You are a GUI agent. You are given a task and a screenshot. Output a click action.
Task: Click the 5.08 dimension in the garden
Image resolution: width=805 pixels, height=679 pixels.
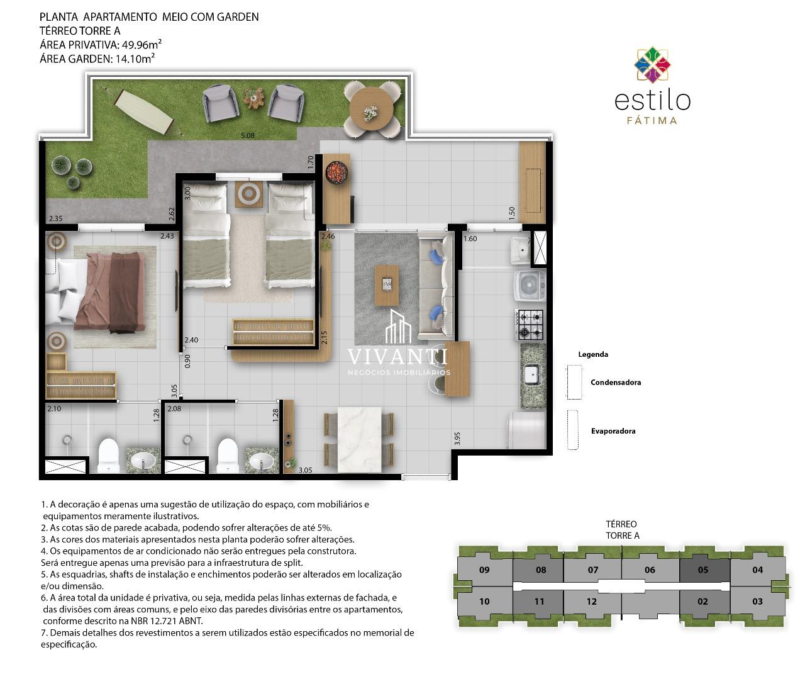coord(248,135)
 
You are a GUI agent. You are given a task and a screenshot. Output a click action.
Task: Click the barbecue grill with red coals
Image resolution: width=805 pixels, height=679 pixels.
coord(337,171)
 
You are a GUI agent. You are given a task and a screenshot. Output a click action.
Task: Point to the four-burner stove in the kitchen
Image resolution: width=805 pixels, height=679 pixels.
coord(529,325)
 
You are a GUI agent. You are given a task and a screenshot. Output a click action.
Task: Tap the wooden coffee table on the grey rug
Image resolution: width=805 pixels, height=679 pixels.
coord(387,285)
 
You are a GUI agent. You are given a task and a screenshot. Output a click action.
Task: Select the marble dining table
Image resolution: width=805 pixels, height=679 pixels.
coord(359,439)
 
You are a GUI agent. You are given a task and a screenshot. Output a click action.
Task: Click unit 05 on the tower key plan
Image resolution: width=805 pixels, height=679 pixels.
coord(703,570)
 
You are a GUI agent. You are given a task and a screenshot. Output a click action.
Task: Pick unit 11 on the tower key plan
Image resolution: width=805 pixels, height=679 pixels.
coord(539,602)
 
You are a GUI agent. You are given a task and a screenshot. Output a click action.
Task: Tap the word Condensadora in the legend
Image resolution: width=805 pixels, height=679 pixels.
coord(616,383)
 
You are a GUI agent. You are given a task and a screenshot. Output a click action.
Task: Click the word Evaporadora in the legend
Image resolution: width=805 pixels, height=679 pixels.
coord(613,431)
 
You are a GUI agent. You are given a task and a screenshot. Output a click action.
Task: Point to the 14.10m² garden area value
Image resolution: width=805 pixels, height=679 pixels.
coord(135,59)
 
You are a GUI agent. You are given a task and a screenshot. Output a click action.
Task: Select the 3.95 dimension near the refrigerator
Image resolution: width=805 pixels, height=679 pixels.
coord(457,439)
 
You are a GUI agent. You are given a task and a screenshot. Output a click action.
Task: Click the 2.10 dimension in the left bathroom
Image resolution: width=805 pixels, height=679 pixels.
coord(54,408)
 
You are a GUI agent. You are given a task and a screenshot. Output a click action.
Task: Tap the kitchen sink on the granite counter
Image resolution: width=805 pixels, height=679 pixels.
coord(533,374)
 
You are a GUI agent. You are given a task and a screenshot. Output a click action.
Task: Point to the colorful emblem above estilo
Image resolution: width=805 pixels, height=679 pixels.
coord(652,65)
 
